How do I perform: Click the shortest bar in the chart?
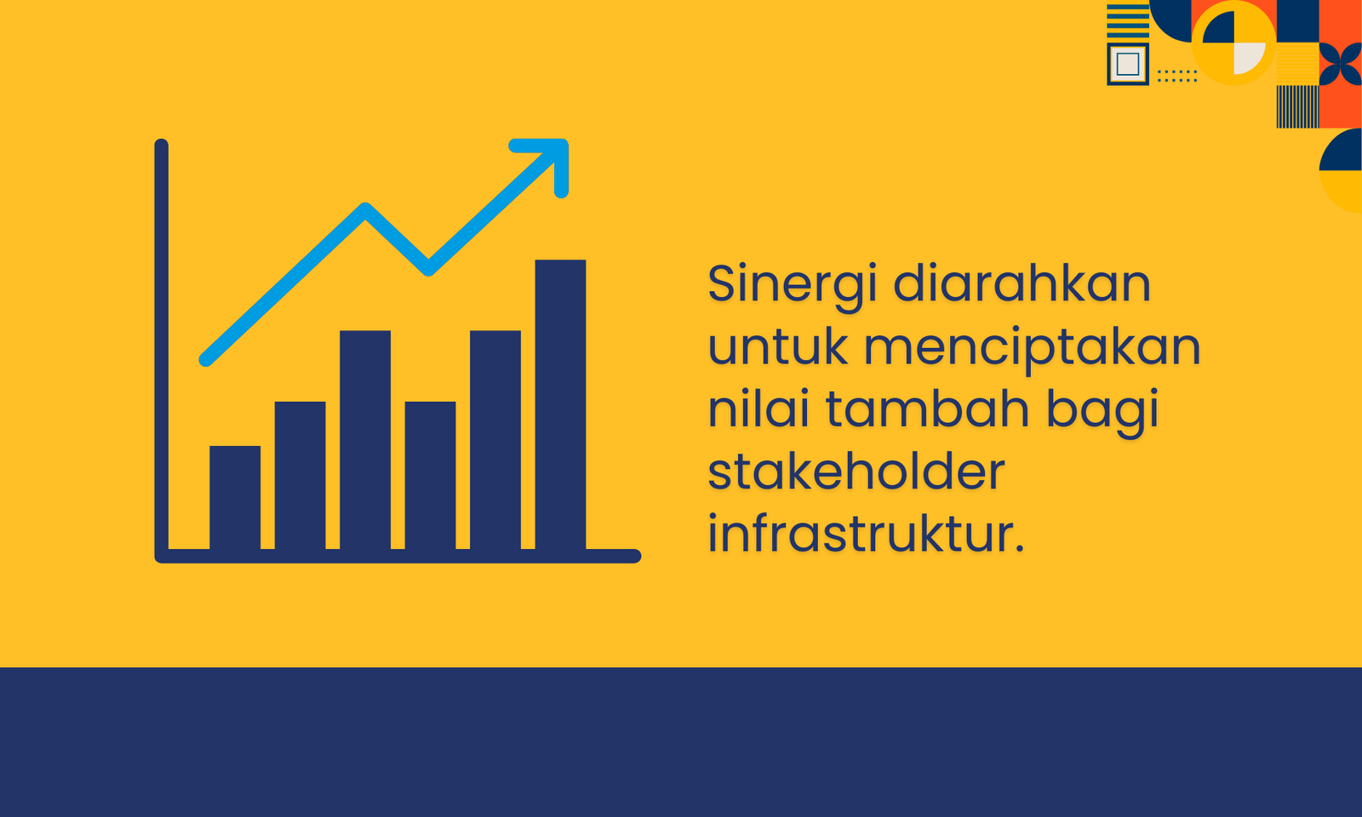pos(235,498)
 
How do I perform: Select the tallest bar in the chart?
pos(561,405)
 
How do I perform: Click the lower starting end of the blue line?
pos(205,361)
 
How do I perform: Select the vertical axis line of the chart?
pos(161,351)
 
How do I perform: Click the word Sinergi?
pos(793,284)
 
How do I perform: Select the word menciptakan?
pos(1033,349)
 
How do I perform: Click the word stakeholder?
pos(856,471)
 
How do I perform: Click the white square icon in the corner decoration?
pos(1128,64)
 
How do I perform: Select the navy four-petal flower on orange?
pos(1340,64)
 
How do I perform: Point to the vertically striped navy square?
pos(1297,107)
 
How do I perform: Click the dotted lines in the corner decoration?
pos(1177,76)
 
